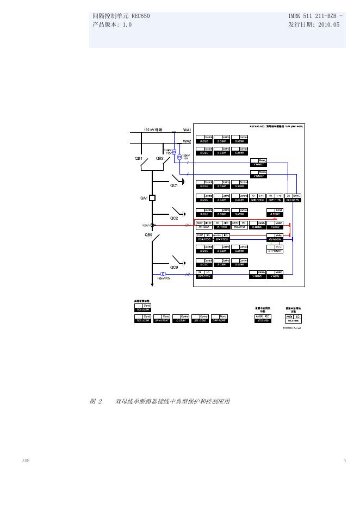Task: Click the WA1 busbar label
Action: coord(187,131)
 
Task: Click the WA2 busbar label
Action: coord(187,141)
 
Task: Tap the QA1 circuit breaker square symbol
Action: coord(153,198)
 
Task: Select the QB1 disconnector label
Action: coord(139,159)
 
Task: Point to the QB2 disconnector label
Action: coord(160,159)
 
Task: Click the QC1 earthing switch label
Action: coord(174,185)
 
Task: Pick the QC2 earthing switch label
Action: coord(174,218)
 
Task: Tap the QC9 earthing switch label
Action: coord(174,267)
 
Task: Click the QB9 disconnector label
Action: coord(148,235)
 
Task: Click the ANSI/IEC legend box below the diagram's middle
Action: coord(263,319)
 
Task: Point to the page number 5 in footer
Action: coord(344,461)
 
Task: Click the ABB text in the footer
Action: coord(26,461)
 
